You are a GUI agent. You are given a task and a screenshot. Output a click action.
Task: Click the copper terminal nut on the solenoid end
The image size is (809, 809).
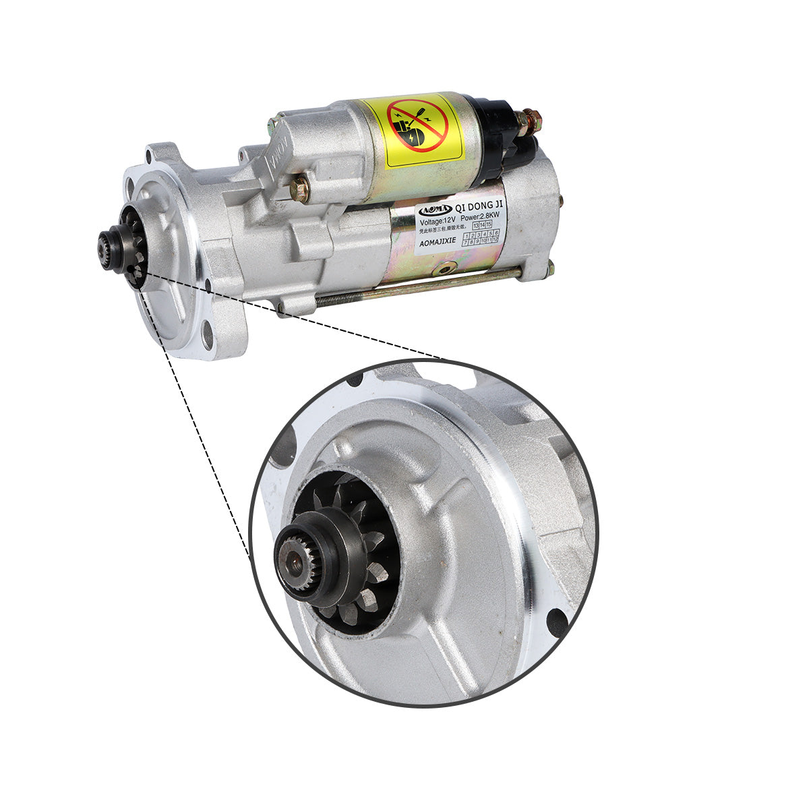(x=529, y=121)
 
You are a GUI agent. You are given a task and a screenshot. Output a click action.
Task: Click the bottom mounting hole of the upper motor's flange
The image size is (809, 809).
(x=207, y=335)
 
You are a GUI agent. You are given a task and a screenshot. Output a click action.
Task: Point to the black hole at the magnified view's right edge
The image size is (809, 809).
(x=558, y=622)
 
